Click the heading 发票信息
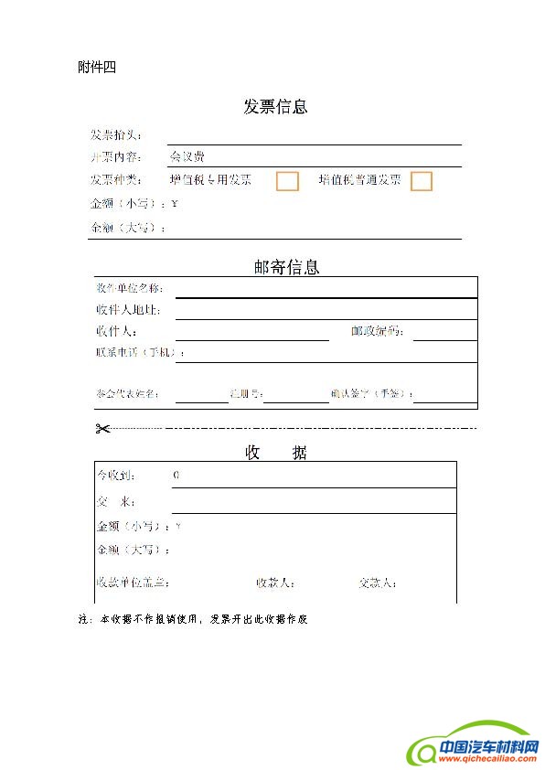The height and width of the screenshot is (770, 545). click(275, 107)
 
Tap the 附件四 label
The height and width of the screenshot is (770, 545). click(97, 67)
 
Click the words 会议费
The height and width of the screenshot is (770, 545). click(187, 156)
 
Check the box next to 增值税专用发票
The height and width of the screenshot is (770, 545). click(287, 181)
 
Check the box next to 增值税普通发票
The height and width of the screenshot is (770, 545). click(421, 181)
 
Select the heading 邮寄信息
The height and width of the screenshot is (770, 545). click(286, 267)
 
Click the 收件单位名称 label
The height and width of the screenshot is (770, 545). click(129, 288)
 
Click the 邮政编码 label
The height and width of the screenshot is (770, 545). click(378, 331)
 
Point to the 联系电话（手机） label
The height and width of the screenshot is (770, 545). click(140, 352)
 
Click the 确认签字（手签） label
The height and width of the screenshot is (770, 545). click(372, 395)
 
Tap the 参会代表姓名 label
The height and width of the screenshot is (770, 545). click(128, 395)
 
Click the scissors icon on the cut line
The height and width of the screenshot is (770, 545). click(102, 429)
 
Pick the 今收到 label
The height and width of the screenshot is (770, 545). click(118, 476)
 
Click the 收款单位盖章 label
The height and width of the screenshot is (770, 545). click(134, 583)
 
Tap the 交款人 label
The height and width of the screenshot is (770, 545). click(378, 583)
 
